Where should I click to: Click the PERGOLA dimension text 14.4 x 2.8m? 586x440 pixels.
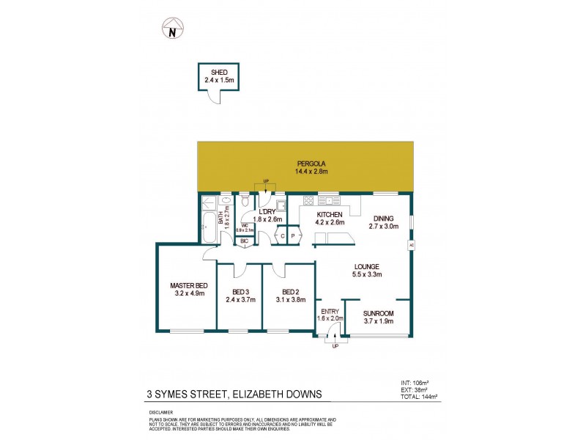tap(305, 172)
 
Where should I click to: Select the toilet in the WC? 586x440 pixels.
tap(247, 202)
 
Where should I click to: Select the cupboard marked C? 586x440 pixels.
tap(280, 235)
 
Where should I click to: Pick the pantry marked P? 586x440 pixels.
tap(293, 235)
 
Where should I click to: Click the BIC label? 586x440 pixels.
tap(244, 241)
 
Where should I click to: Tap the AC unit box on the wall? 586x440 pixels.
tap(411, 245)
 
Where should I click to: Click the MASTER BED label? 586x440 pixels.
tap(188, 285)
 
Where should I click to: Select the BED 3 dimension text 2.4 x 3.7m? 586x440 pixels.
tap(240, 299)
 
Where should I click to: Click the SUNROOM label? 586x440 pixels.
tap(378, 313)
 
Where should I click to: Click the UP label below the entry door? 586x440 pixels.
tap(335, 346)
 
